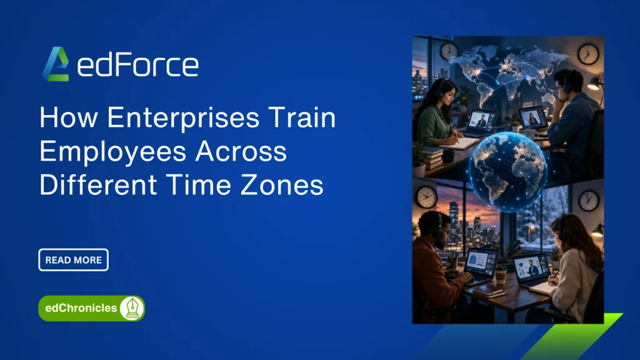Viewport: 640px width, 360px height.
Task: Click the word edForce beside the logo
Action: click(138, 65)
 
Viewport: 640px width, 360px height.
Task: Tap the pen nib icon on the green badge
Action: click(132, 308)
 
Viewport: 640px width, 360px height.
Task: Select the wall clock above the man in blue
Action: click(588, 54)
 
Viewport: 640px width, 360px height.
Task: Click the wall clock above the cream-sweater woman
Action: click(588, 200)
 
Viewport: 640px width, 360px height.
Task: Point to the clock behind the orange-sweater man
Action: click(427, 197)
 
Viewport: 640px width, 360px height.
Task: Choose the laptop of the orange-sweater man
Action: click(480, 264)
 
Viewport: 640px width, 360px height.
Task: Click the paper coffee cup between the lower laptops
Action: click(501, 274)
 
